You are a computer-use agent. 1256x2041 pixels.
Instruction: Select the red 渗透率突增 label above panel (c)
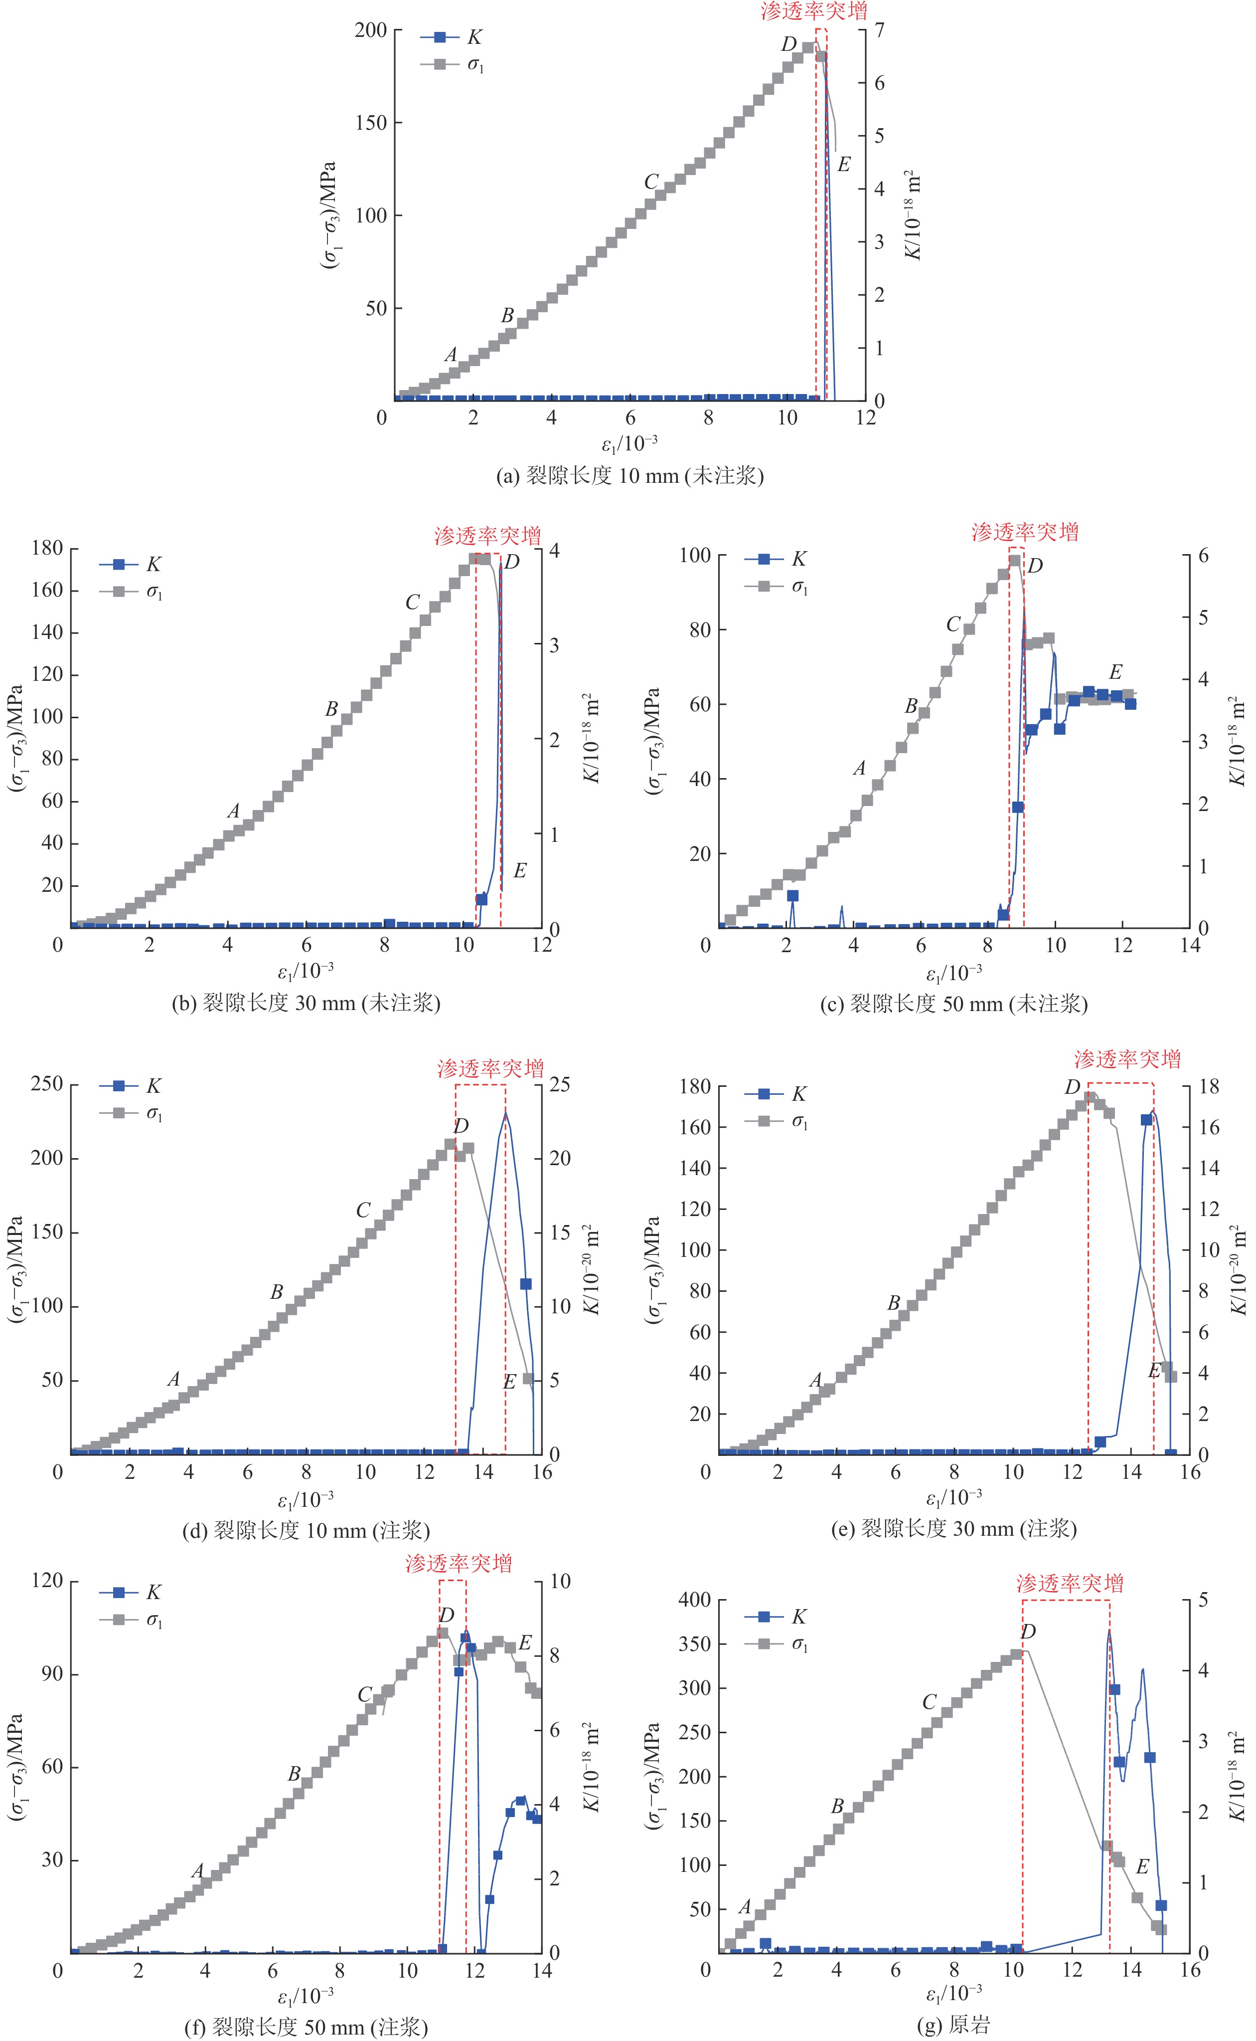pos(1025,532)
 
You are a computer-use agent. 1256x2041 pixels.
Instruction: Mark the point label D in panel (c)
pos(1035,567)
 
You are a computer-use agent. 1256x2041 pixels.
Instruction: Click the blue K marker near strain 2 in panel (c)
pos(792,896)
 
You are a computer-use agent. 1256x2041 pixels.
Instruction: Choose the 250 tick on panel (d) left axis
pos(47,1084)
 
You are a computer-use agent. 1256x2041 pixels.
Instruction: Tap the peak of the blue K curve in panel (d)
pos(505,1114)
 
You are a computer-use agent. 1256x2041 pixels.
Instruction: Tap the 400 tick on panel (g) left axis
pos(695,1600)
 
